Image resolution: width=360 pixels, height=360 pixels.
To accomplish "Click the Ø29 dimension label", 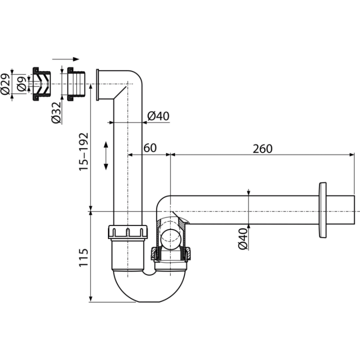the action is (5, 84).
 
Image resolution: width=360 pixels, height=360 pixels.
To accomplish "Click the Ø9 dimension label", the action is (21, 84).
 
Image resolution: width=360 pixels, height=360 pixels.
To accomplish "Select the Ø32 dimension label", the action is (56, 112).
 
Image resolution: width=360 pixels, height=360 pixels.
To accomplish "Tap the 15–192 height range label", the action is (83, 151).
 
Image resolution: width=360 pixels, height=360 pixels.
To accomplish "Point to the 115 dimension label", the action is (83, 257).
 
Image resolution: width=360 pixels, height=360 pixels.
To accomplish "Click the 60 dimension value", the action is (150, 148).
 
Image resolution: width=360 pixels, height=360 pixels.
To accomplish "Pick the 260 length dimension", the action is (262, 149).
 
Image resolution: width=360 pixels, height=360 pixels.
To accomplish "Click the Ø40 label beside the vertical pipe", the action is (158, 116).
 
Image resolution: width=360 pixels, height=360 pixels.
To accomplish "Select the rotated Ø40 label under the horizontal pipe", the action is (243, 238).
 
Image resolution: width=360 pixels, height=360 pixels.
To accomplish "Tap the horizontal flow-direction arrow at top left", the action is (65, 59).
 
